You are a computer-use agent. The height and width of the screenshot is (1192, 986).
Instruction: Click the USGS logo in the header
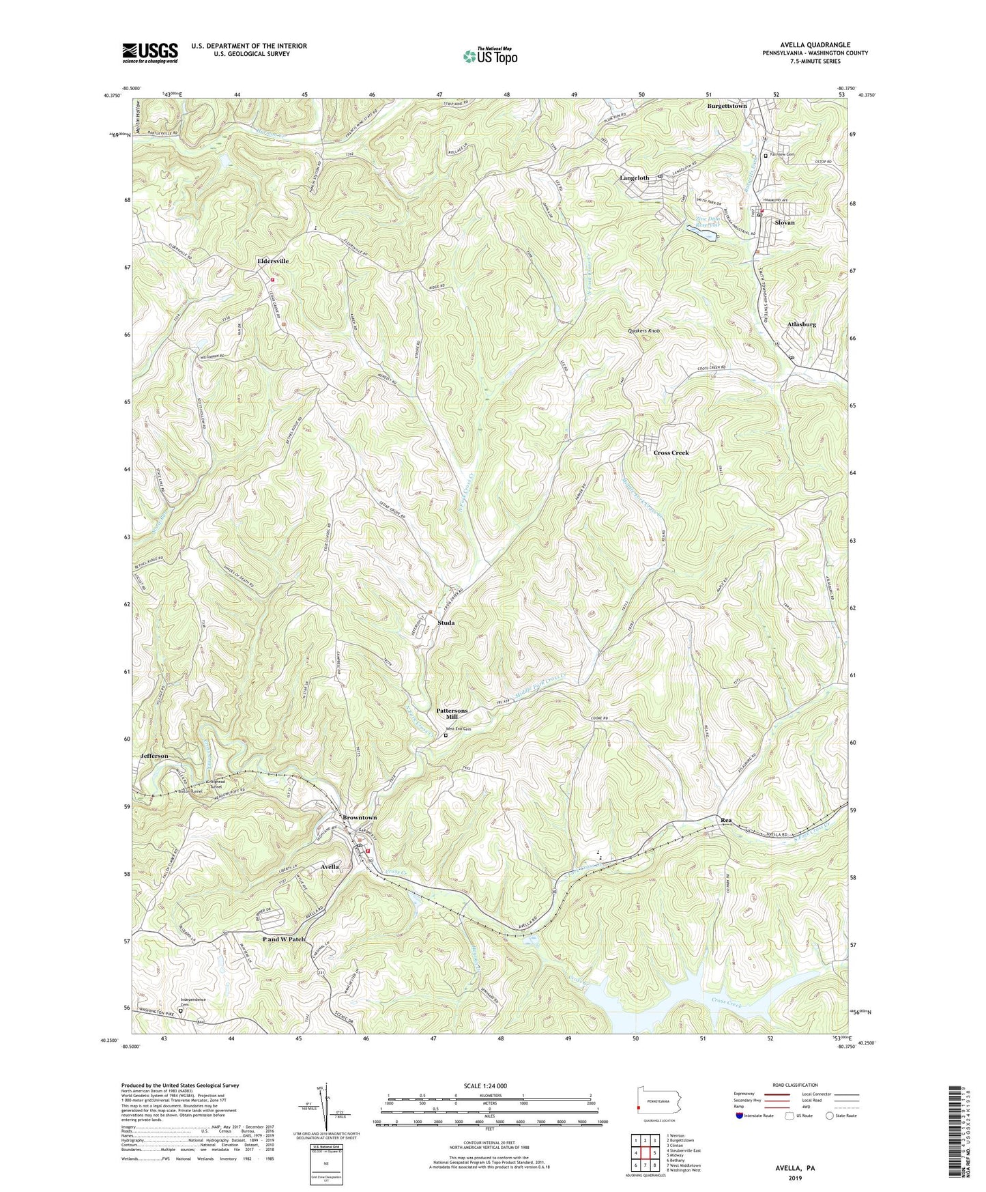[150, 53]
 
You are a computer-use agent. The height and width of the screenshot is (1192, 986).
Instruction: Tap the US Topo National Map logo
[490, 55]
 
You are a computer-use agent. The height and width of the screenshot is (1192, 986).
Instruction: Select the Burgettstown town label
[727, 107]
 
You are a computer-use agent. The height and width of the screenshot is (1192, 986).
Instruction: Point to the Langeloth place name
[634, 178]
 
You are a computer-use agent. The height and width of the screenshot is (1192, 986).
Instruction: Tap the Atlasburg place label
[801, 324]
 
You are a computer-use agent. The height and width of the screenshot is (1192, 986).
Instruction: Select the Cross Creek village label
[671, 453]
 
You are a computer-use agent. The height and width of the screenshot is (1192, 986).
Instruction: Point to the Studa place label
[446, 623]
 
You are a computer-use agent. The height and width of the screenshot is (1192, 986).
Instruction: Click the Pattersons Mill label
[452, 713]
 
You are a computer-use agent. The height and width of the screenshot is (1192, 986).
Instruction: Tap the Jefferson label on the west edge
[154, 756]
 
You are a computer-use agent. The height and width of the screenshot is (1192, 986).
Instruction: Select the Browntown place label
[360, 817]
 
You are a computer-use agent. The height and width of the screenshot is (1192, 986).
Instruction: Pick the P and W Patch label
[284, 939]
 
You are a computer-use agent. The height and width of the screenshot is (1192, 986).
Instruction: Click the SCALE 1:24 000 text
[484, 1086]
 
